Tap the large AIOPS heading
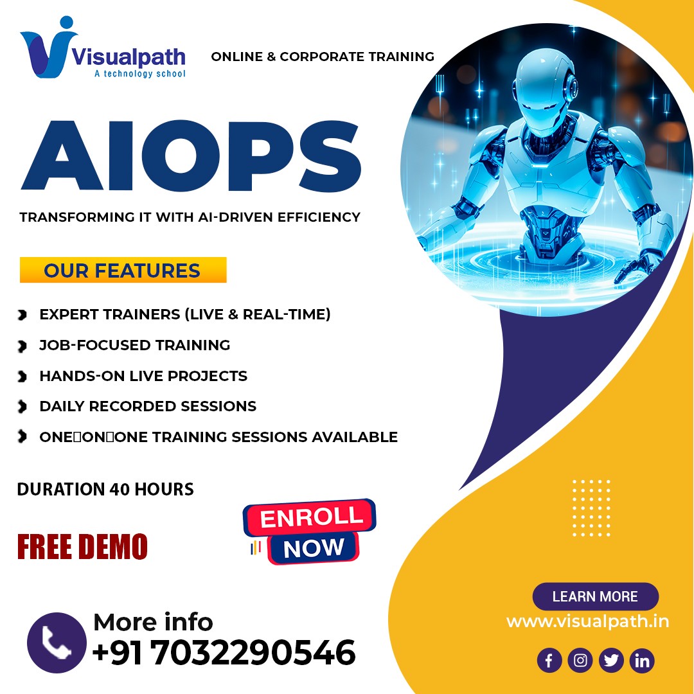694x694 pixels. [191, 156]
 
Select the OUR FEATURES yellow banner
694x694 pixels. [123, 269]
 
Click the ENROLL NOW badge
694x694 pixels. [310, 531]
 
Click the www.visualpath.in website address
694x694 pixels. [588, 621]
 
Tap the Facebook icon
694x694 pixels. [549, 661]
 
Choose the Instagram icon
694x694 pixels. [580, 661]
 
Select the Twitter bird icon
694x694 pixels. [611, 661]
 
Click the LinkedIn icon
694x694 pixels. [642, 661]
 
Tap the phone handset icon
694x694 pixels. [57, 643]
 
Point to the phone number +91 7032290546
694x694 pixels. [224, 652]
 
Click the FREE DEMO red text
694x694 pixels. [82, 547]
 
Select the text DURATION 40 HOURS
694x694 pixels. [105, 489]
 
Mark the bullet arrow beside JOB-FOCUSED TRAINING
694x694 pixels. [22, 346]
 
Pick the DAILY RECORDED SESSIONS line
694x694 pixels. [148, 406]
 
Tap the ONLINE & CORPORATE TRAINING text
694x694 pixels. [323, 57]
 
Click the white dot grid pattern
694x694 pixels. [591, 508]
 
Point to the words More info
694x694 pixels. [153, 622]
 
